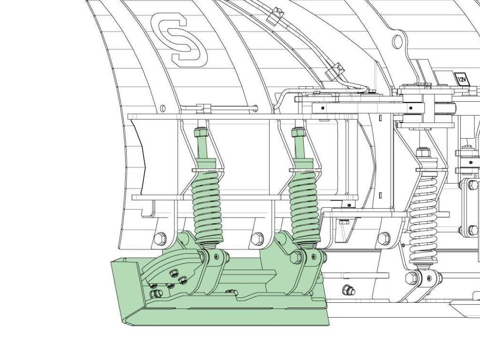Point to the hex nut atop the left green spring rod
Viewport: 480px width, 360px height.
tap(201, 132)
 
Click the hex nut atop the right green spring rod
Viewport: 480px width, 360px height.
tap(298, 132)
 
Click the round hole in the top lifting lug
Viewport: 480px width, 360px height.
tap(397, 41)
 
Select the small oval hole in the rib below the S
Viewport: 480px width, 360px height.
tap(163, 108)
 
